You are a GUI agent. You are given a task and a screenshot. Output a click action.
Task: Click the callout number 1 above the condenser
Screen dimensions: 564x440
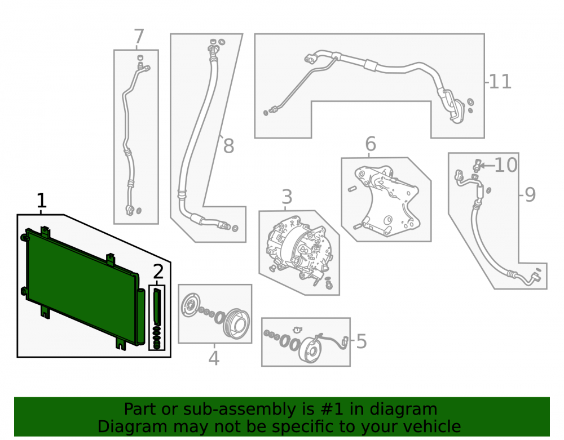(42, 201)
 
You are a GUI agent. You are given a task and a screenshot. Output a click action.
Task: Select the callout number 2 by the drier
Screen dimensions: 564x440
(158, 272)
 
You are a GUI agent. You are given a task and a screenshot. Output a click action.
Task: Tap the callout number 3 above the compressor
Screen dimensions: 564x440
(287, 197)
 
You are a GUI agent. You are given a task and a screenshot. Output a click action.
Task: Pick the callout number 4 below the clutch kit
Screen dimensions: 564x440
(214, 358)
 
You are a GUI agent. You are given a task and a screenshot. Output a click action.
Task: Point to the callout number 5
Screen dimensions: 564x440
(362, 341)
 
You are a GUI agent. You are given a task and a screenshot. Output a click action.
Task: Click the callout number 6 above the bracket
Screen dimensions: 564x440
(371, 144)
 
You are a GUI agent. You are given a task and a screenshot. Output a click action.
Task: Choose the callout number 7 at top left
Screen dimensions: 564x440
(139, 37)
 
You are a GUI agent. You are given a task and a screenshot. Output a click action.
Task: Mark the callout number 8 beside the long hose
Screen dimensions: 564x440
(229, 146)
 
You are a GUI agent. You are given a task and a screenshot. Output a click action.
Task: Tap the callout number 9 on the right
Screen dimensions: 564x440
(530, 195)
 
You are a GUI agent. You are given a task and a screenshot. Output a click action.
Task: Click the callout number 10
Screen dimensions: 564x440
(506, 165)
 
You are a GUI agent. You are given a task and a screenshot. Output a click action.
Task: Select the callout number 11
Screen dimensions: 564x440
(500, 82)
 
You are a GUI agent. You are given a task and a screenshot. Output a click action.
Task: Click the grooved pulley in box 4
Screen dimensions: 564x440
(237, 323)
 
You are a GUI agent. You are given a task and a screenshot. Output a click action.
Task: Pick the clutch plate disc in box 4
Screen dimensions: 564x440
(190, 305)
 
